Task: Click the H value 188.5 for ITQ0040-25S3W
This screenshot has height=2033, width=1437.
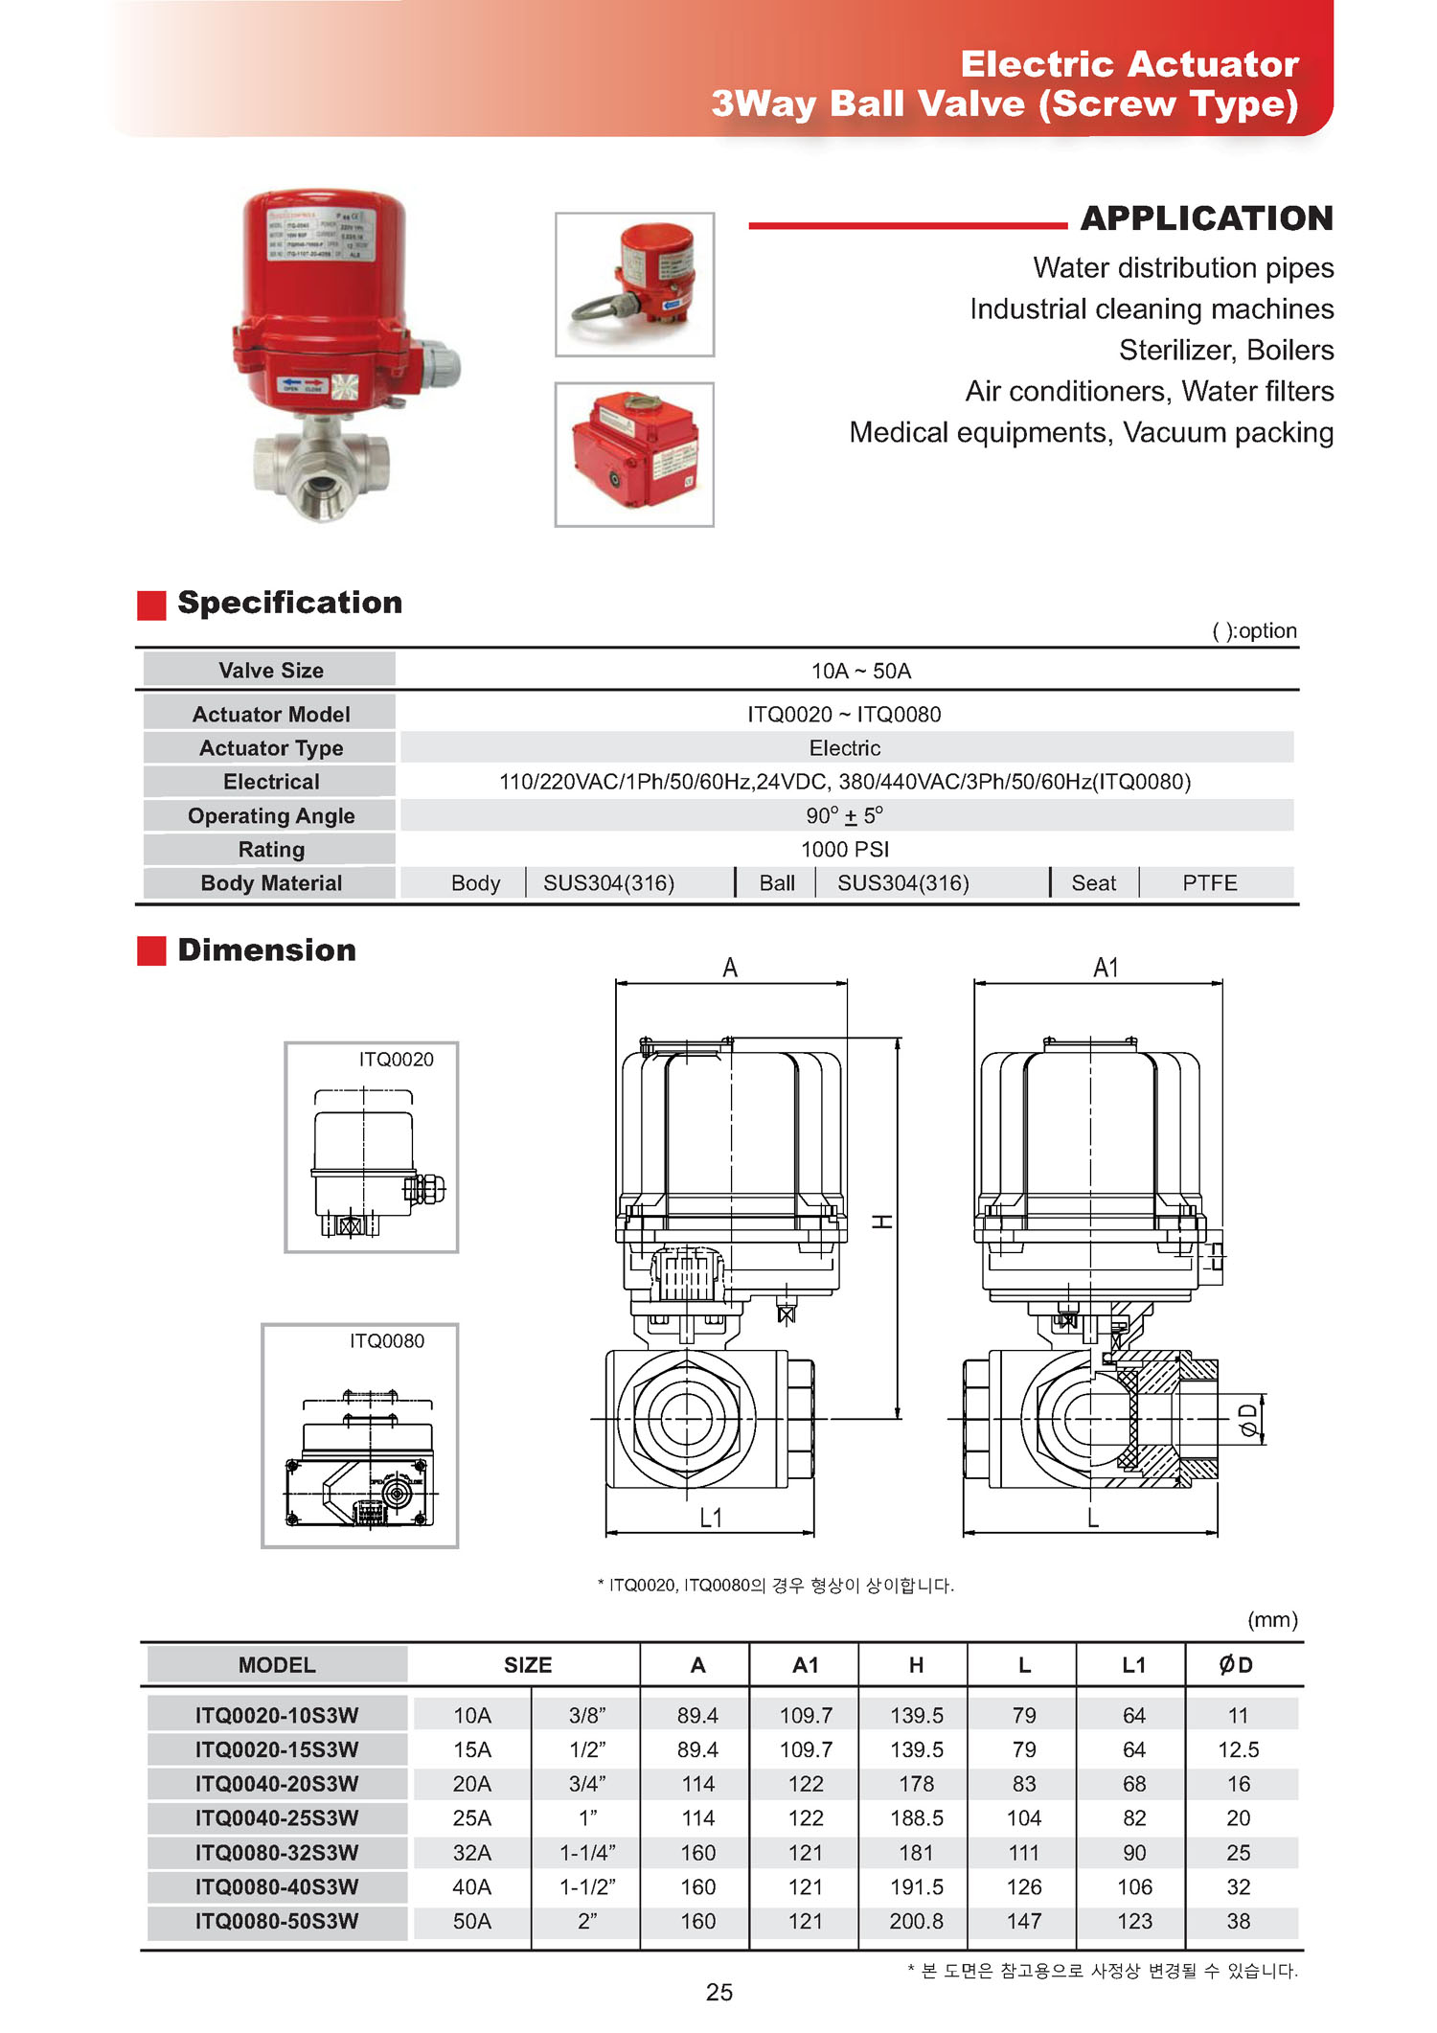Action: (916, 1817)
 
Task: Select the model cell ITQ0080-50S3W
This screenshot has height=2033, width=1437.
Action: (277, 1921)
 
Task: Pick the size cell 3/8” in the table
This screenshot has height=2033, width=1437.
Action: (586, 1715)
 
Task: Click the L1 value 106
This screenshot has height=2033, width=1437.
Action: (1134, 1886)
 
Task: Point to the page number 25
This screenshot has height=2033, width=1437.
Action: (718, 1993)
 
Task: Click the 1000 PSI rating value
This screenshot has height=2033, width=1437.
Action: (845, 849)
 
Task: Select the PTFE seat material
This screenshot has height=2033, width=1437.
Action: (1209, 882)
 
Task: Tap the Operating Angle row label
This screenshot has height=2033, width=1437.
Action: (271, 815)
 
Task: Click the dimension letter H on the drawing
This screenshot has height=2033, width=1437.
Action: (882, 1222)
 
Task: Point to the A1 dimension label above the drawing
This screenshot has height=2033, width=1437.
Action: (1106, 968)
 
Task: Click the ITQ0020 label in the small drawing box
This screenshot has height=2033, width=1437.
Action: (396, 1059)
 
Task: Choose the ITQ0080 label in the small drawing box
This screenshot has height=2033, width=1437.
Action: (386, 1340)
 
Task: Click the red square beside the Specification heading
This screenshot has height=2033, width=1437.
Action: (151, 605)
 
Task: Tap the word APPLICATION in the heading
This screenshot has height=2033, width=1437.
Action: (1206, 218)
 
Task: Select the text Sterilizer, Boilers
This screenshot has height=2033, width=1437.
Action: (1225, 350)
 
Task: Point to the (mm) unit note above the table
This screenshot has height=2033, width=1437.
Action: (1271, 1619)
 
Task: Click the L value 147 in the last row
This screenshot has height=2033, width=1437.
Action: (1023, 1921)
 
